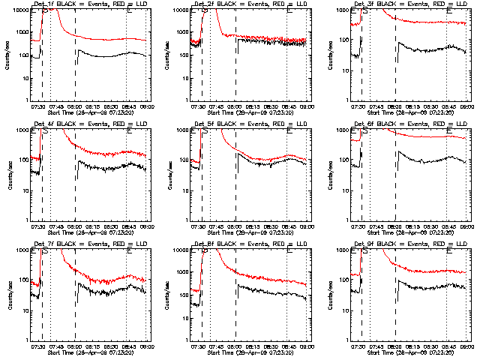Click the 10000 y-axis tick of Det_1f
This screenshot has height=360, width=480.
click(20, 10)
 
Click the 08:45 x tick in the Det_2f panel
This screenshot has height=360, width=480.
click(289, 106)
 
